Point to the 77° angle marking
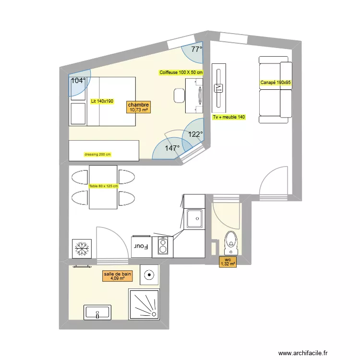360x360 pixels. pos(197,49)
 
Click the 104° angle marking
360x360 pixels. pos(78,81)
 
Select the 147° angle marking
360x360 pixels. pos(172,148)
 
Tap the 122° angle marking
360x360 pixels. pos(195,134)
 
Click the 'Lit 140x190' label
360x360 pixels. pos(102,101)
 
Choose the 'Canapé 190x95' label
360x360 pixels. pos(276,83)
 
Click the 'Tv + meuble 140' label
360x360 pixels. pos(228,117)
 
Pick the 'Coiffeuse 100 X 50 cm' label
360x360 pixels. pos(181,72)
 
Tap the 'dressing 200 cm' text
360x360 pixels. pos(97,155)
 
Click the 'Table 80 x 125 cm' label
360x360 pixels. pos(103,186)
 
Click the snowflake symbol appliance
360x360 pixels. pos(81,248)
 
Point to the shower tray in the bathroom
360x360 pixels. pos(144,304)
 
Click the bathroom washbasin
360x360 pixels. pos(98,312)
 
